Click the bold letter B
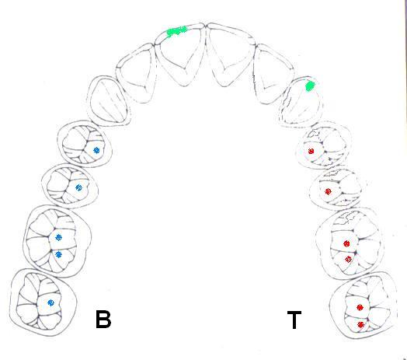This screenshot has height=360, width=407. pos(103,319)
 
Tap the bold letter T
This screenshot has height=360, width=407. pos(294,320)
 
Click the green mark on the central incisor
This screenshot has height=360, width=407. pos(176,31)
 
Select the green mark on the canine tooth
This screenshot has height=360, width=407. pos(310,86)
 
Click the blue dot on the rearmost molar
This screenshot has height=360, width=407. pos(51,302)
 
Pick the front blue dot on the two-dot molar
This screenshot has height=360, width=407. pos(59,237)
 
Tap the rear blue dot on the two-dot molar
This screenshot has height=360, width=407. pos(59,254)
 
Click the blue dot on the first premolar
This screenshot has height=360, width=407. pos(96,150)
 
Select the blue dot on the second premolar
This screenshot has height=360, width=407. pos(78,187)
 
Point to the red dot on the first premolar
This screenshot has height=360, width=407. pos(311,151)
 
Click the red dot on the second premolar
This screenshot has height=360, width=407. pos(328,191)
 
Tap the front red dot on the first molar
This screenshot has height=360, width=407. pos(346,243)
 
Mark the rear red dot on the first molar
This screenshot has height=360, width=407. pos(348,259)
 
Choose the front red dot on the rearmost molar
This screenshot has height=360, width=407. pos(360,307)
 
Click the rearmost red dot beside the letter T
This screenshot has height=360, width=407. pos(360,324)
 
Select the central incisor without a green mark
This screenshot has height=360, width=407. pos(230,54)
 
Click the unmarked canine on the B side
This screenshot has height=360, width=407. pos(108,101)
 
